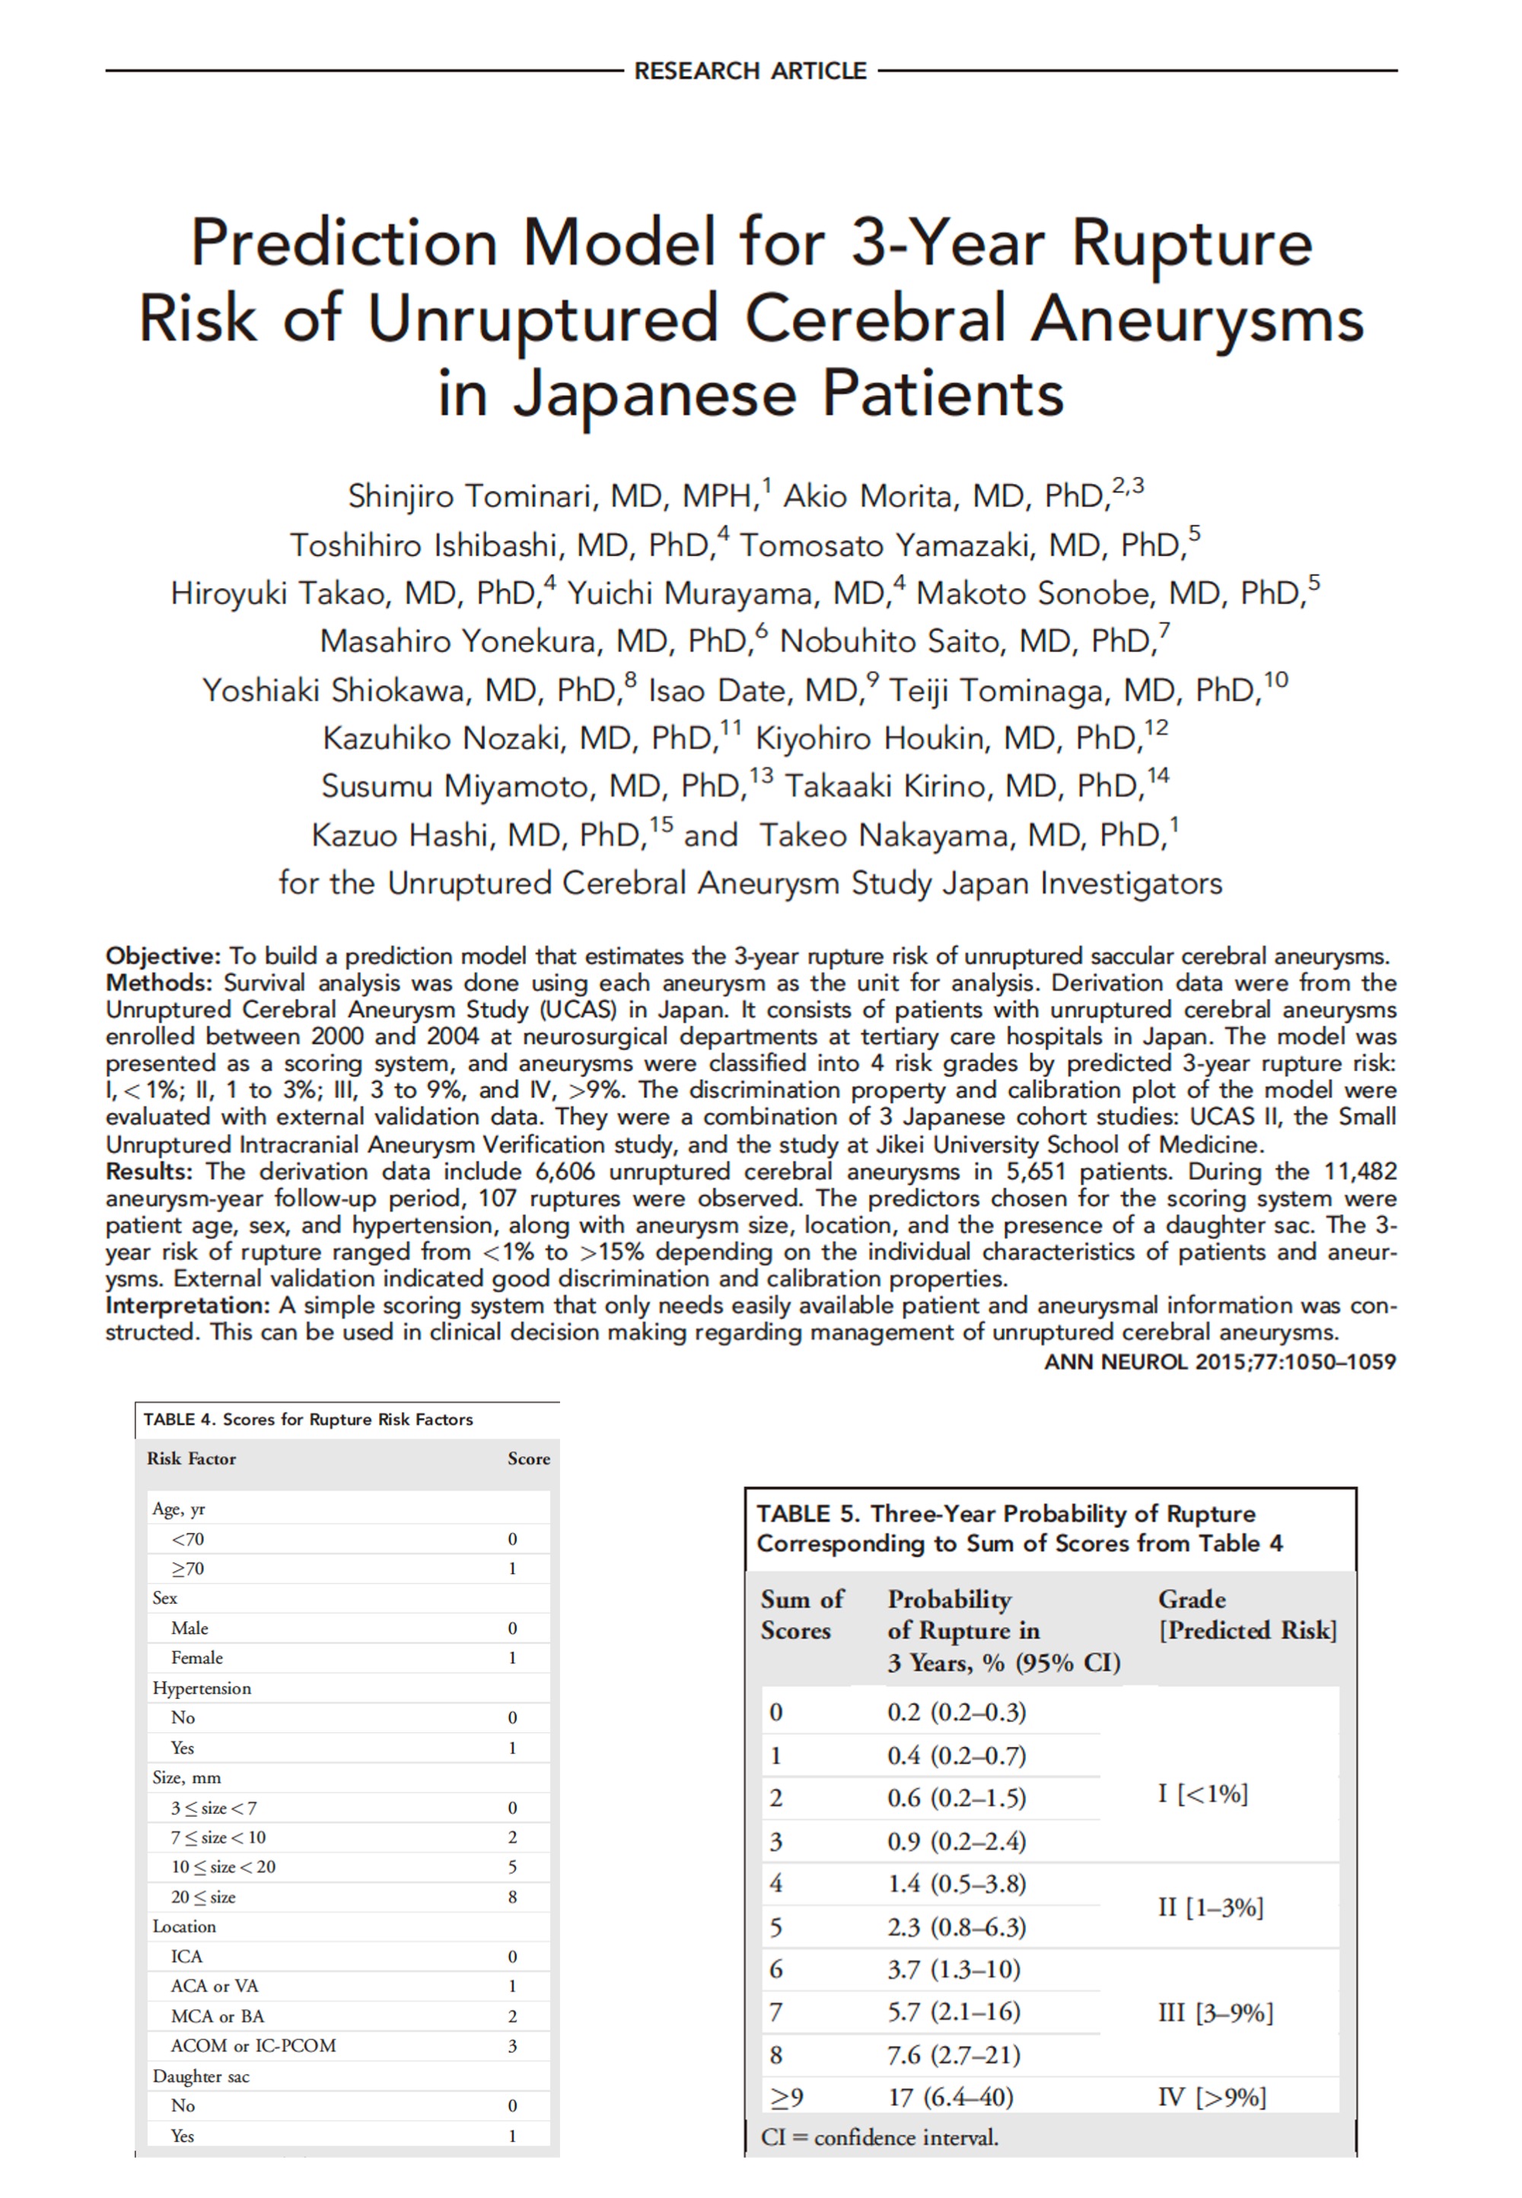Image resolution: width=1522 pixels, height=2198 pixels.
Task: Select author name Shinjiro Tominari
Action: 466,497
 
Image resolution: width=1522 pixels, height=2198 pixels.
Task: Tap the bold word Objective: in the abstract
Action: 163,956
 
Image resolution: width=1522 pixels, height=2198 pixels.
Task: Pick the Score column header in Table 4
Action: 528,1458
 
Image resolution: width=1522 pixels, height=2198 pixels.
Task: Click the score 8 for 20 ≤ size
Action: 512,1897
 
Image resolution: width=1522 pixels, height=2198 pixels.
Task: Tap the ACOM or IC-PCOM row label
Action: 253,2046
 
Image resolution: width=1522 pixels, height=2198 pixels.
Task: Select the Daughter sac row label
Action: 200,2076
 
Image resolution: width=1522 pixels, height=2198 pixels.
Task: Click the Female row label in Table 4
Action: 196,1658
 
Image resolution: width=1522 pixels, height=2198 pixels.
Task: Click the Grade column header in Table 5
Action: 1191,1599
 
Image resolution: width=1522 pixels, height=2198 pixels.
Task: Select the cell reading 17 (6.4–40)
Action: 950,2097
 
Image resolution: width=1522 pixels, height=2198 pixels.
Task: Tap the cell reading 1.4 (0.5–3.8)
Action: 956,1884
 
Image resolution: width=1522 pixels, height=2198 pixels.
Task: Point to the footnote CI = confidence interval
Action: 878,2138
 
